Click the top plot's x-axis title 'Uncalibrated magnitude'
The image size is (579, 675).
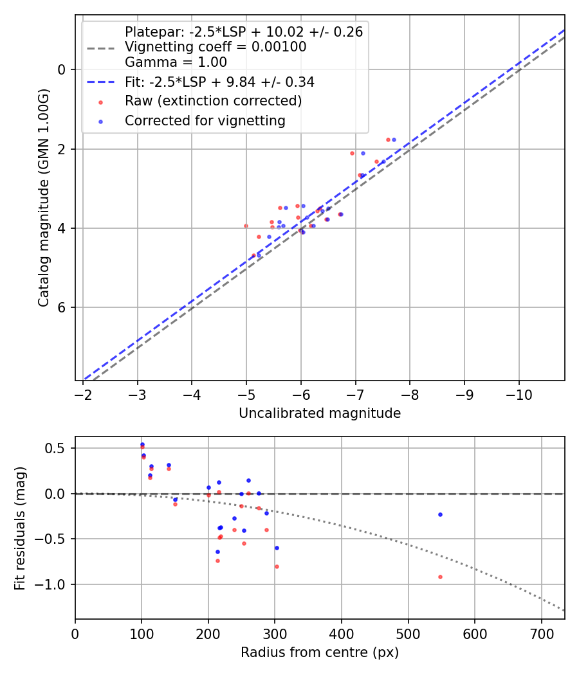320,413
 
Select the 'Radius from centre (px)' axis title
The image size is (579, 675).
320,652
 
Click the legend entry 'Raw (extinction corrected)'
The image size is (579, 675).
213,101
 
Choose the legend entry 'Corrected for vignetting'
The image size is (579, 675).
205,120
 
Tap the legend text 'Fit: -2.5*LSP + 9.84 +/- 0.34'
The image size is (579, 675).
219,82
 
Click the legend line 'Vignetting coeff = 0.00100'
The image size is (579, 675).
216,47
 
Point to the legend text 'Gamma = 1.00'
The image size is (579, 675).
176,62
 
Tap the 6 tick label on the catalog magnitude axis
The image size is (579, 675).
62,307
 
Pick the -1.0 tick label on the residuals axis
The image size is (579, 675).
54,584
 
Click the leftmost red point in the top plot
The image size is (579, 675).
246,226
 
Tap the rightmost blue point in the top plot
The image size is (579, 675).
394,139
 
